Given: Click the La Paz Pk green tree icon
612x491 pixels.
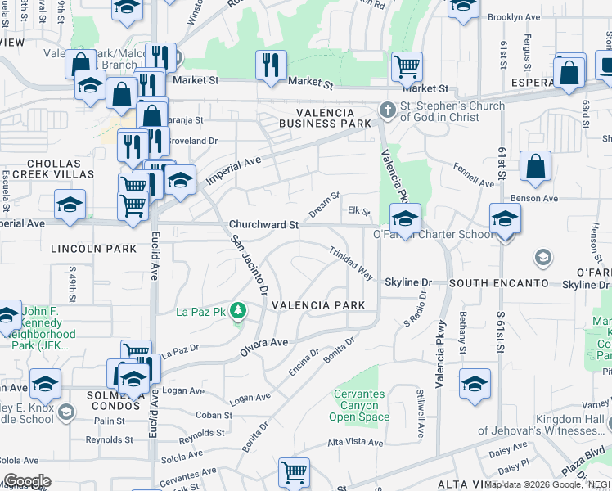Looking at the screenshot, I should point(237,311).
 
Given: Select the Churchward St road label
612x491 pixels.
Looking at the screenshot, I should point(263,224).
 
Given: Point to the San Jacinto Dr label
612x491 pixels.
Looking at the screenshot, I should point(249,265).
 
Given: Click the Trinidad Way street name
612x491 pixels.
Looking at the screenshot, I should point(351,264).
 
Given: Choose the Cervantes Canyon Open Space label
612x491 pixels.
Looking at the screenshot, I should point(358,405).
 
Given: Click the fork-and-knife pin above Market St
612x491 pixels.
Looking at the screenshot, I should point(271,65).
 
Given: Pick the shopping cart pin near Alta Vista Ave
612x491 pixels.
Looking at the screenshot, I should point(294,472).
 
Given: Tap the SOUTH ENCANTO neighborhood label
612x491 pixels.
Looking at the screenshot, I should point(498,283).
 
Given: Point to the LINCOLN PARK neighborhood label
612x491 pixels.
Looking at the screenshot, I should point(82,248).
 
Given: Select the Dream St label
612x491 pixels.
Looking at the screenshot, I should point(324,205).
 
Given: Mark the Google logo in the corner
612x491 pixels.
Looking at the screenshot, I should point(26,481).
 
